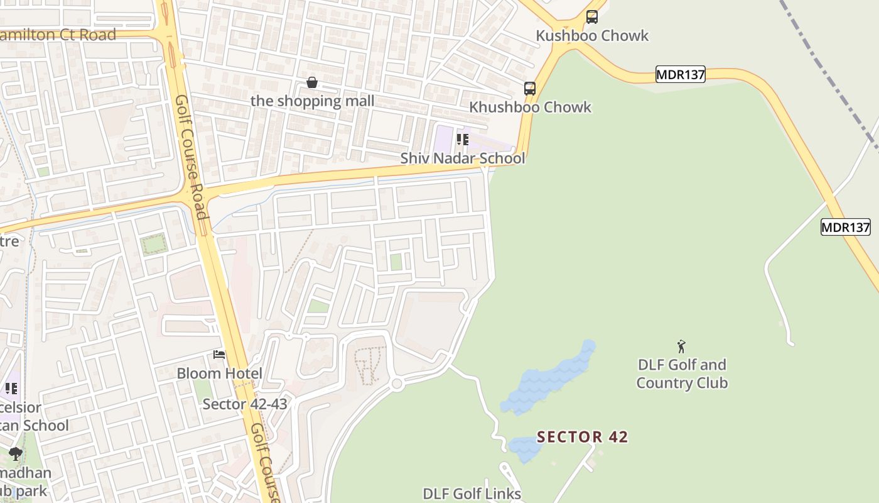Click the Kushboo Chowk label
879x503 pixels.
pos(592,35)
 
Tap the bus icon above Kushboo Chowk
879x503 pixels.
pos(592,17)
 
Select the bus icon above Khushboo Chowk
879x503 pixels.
pos(530,89)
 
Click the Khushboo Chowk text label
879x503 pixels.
pos(530,107)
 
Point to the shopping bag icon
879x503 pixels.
pos(312,82)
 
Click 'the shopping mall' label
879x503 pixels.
pos(312,101)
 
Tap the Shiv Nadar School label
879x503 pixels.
pos(463,158)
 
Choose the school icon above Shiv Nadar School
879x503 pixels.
pos(463,139)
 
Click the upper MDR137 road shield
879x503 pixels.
pos(681,74)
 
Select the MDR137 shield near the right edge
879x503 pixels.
pos(846,227)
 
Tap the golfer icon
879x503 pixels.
pos(681,346)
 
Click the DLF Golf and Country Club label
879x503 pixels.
pos(682,373)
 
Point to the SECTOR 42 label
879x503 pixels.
pos(582,436)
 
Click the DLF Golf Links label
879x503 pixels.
pos(472,494)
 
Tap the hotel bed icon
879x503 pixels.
pos(219,355)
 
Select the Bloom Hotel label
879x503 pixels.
pos(219,373)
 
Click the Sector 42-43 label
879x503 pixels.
pos(244,404)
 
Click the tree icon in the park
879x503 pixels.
pos(16,453)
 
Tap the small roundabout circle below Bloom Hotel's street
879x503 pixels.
pos(396,384)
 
